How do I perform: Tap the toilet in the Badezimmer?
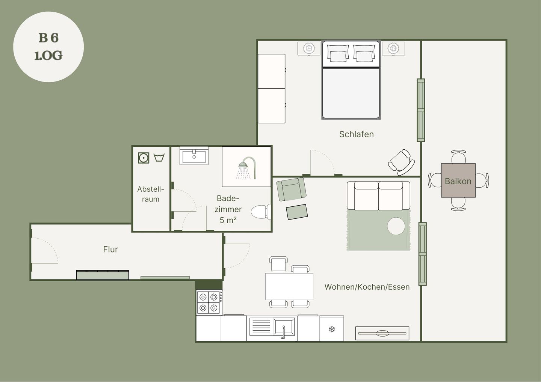(x=261, y=212)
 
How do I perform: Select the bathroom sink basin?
(x=194, y=157)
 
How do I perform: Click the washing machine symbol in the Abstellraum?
(x=144, y=158)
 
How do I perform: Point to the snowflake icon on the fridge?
(x=332, y=329)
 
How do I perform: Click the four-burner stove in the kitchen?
(x=209, y=302)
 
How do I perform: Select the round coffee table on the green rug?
(x=396, y=226)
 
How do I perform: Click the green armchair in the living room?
(x=291, y=189)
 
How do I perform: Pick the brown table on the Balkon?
(x=458, y=180)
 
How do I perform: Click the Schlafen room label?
(x=356, y=134)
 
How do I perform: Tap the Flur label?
(x=110, y=249)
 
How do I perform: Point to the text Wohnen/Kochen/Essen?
(x=367, y=287)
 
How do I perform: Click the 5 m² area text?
(x=228, y=220)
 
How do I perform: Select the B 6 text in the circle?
(x=48, y=38)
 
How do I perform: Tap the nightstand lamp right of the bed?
(x=393, y=48)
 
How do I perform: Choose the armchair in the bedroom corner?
(x=401, y=162)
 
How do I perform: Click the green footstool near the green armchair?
(x=297, y=212)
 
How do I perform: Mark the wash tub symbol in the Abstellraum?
(x=159, y=158)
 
